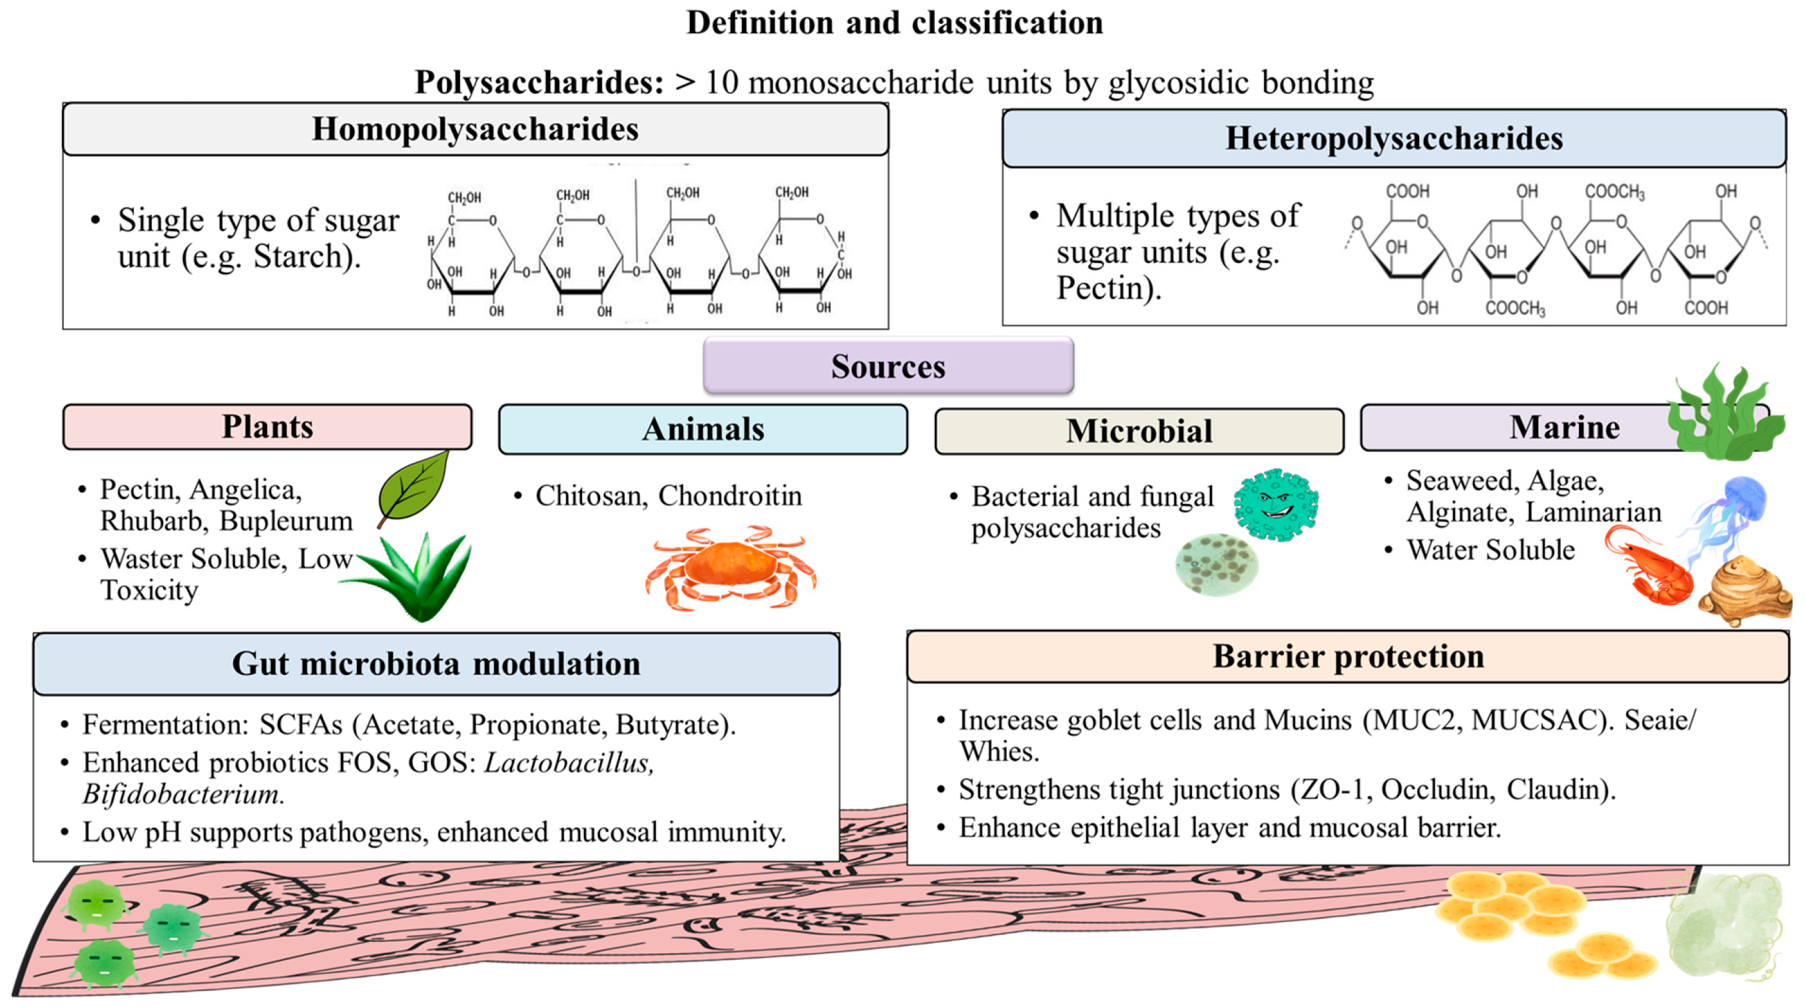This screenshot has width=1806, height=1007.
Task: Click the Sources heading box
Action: tap(888, 365)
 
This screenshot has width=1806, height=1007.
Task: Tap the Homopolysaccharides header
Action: tap(475, 129)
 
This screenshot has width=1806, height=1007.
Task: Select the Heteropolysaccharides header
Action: tap(1394, 138)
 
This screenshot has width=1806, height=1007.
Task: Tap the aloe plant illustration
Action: tap(414, 576)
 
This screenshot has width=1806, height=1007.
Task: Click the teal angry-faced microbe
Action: tap(1276, 504)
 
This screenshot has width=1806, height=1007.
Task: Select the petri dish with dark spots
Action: tap(1217, 564)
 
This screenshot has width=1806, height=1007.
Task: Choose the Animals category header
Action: tap(703, 429)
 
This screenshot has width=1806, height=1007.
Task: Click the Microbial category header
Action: tap(1139, 431)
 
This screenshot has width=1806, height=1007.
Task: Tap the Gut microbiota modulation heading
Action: tap(436, 664)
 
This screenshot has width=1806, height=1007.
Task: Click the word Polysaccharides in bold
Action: tap(539, 83)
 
